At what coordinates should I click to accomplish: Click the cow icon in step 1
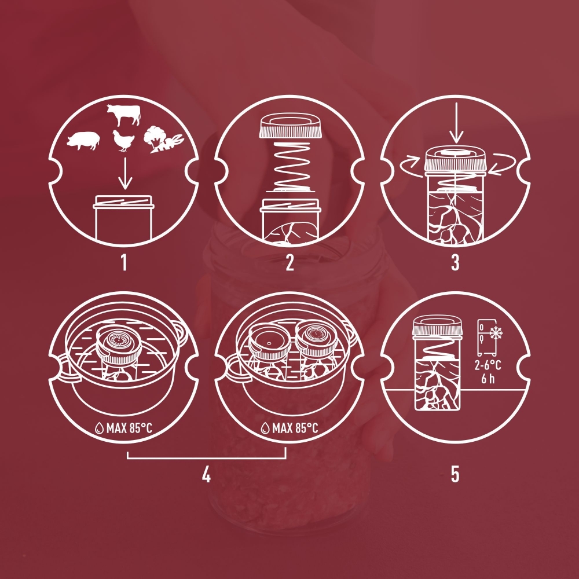[124, 115]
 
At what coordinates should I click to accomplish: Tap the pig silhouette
[83, 141]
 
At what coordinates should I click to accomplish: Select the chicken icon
[123, 141]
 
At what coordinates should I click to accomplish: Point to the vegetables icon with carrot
[163, 140]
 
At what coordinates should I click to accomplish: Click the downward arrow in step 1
[126, 174]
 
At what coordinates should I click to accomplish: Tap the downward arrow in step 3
[457, 123]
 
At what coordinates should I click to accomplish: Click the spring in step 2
[290, 166]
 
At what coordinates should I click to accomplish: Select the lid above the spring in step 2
[290, 126]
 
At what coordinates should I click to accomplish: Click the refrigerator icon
[487, 338]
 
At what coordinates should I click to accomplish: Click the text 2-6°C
[488, 365]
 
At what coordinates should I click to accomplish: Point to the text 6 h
[488, 379]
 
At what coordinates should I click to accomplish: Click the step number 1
[124, 263]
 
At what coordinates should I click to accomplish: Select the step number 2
[290, 263]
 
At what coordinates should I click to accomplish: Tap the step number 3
[455, 263]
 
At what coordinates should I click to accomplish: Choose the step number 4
[206, 475]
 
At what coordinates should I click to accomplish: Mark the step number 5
[455, 475]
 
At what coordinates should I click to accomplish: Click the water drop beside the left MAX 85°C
[100, 428]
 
